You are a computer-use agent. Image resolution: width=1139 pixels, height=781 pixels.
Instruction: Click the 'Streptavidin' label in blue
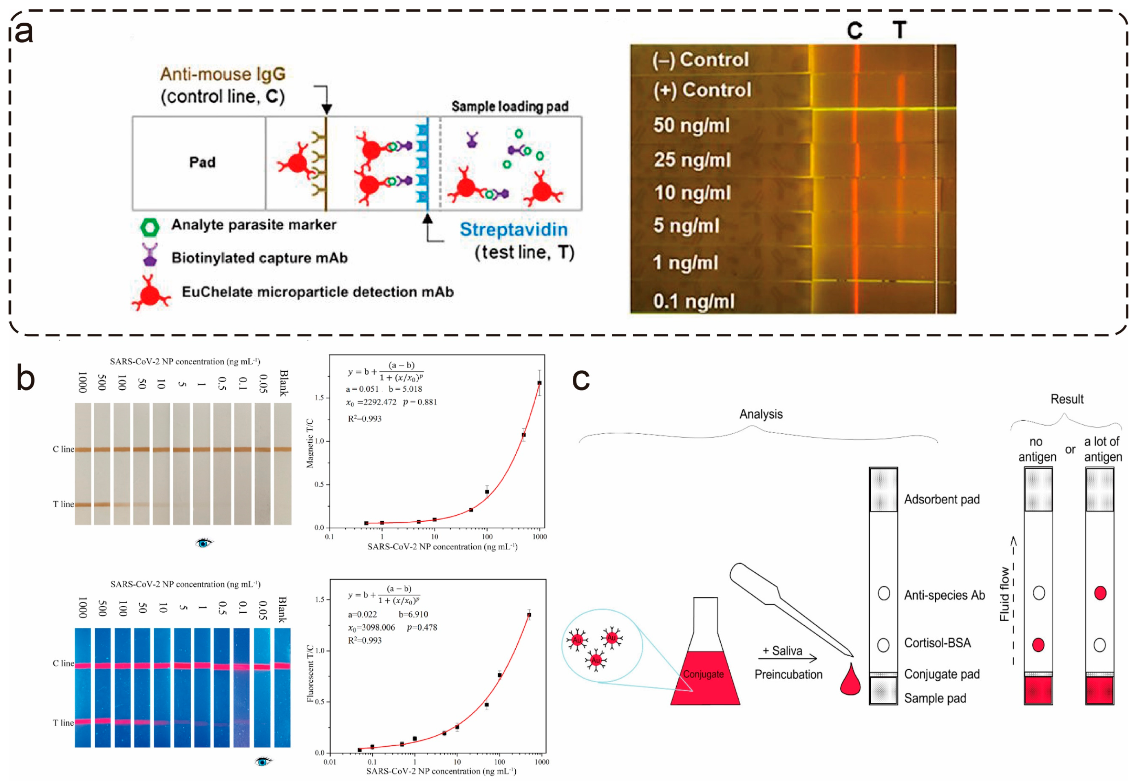513,230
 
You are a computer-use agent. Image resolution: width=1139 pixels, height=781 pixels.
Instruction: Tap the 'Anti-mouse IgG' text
223,74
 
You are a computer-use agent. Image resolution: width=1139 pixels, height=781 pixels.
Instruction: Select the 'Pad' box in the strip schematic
202,163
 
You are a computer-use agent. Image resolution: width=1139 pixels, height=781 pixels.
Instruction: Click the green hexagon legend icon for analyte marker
150,227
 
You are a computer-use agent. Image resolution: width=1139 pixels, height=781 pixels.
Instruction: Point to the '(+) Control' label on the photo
702,90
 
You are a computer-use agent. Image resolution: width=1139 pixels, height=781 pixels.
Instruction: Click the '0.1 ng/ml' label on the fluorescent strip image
693,301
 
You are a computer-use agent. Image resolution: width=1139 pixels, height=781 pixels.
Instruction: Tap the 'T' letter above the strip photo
899,31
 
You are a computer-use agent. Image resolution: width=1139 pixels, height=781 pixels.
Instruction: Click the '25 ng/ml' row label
692,160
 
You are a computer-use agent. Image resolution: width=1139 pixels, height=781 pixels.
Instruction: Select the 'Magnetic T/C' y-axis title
310,443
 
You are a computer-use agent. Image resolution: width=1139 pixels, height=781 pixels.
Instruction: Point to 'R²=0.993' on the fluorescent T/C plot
364,640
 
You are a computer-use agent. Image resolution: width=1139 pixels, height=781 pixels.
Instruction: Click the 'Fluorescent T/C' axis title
310,673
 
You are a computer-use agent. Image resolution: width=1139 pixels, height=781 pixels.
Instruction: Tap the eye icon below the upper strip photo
204,543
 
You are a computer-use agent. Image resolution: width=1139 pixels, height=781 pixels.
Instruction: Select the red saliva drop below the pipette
850,681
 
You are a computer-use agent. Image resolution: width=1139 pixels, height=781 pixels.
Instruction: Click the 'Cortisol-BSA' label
937,643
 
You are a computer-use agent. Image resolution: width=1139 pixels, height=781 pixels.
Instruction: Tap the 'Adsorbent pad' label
941,499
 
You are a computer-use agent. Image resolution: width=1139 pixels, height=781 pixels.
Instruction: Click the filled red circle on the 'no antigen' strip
1037,645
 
